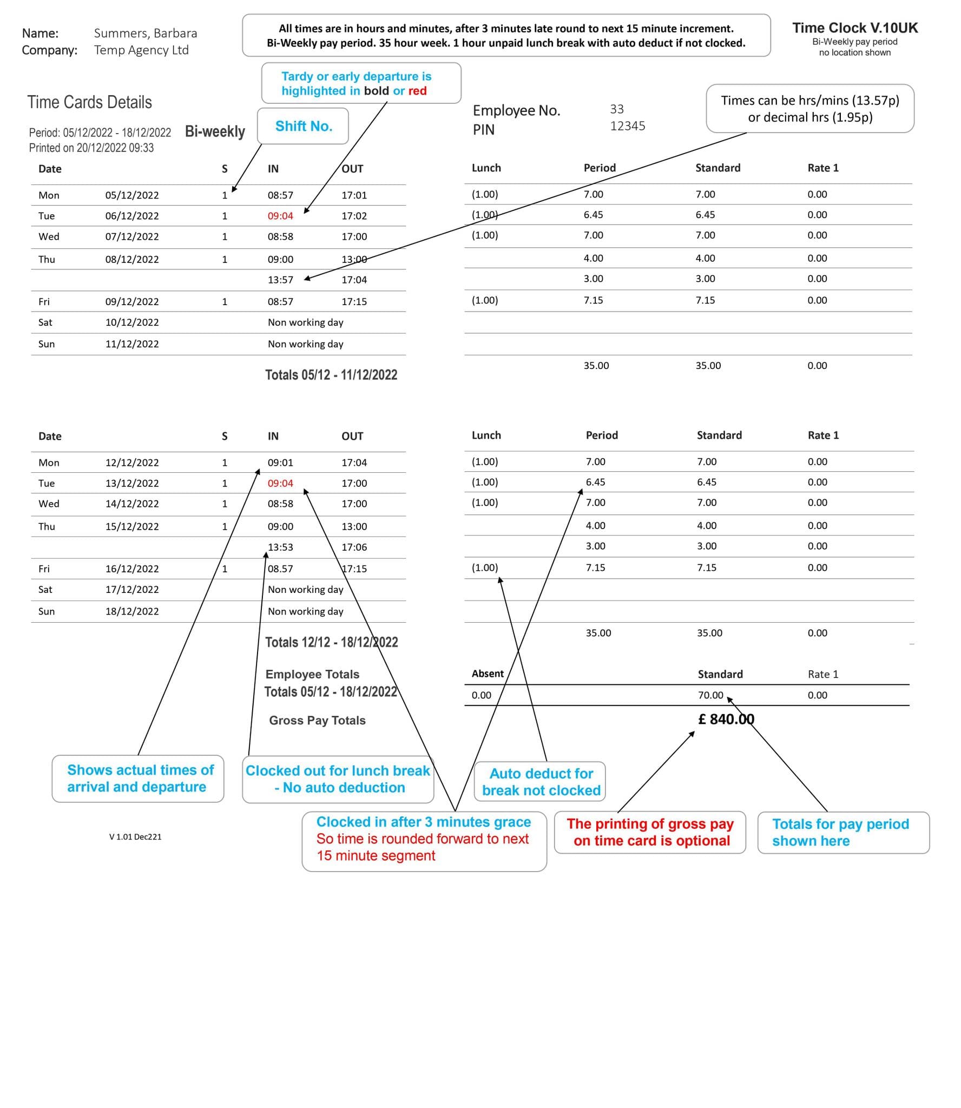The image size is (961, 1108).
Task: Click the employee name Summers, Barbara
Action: click(x=145, y=33)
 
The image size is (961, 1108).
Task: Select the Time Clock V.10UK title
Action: click(x=854, y=28)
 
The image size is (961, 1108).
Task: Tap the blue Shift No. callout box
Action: click(x=303, y=126)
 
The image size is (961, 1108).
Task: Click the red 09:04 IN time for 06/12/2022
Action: click(x=280, y=216)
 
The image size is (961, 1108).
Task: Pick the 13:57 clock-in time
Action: click(x=280, y=280)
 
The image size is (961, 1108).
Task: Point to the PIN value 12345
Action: click(x=627, y=126)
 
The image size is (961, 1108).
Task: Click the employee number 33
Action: click(x=616, y=109)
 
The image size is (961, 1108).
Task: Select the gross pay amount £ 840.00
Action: click(x=726, y=719)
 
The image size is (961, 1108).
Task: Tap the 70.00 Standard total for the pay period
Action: click(x=710, y=695)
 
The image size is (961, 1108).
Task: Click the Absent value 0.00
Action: click(x=481, y=695)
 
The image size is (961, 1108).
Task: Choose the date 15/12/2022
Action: click(x=132, y=526)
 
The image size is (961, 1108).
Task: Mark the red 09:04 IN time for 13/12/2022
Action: click(x=280, y=483)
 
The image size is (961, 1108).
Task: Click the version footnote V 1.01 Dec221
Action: click(x=135, y=836)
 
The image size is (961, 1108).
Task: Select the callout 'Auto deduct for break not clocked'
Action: click(x=541, y=782)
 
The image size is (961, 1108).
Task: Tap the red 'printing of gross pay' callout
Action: click(x=650, y=832)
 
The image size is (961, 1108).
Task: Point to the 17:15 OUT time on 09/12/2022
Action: click(x=354, y=301)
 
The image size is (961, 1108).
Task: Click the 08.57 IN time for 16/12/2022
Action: click(x=280, y=569)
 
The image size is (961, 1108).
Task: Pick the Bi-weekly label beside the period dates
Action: click(x=215, y=131)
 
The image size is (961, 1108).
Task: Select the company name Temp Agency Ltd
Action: click(x=141, y=50)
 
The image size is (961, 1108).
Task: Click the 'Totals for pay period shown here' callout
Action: click(x=842, y=832)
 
